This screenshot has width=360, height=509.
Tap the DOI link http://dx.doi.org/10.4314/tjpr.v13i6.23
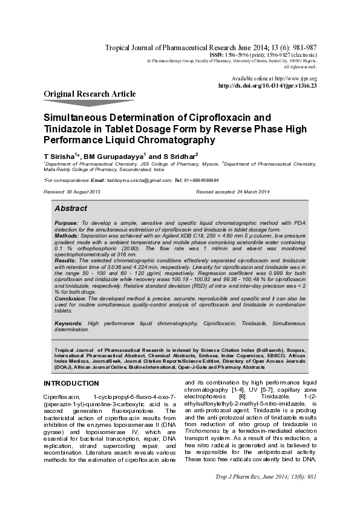[267, 86]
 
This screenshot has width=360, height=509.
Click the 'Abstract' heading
[70, 208]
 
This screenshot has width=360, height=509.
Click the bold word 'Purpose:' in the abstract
[66, 223]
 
